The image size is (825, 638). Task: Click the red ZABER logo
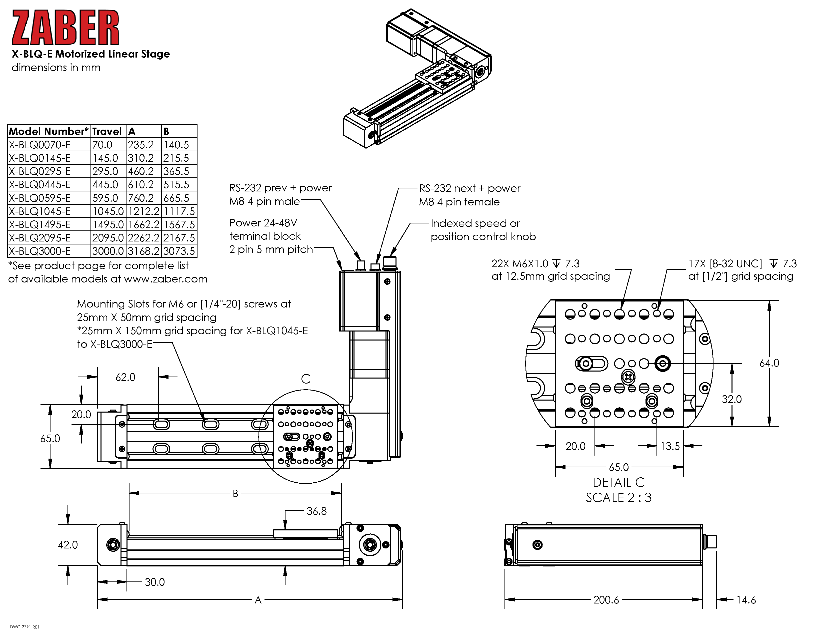65,28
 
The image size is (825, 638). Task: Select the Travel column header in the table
107,132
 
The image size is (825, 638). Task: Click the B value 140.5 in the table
176,145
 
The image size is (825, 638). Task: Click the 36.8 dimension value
316,511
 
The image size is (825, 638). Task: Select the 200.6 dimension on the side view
606,600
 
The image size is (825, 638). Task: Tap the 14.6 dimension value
746,600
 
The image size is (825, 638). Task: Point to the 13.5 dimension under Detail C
670,446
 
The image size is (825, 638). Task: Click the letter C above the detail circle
305,379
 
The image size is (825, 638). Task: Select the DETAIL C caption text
619,483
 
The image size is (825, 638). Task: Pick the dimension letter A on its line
258,600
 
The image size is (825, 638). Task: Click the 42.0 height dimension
68,545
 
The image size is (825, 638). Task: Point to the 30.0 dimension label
155,582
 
